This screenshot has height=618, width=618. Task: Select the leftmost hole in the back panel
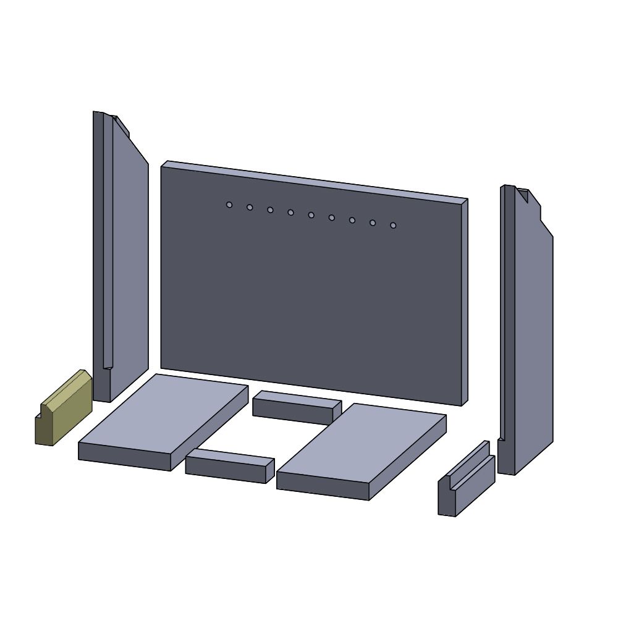(229, 205)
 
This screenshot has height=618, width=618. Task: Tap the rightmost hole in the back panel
(393, 225)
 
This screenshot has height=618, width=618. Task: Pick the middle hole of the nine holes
(311, 215)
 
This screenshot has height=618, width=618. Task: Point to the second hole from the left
(250, 207)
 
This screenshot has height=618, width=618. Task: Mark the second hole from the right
(373, 222)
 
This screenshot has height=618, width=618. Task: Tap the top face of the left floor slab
(164, 414)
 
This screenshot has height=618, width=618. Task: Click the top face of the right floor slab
(362, 445)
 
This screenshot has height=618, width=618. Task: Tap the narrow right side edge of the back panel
(464, 303)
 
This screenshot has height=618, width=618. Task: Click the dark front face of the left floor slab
(124, 457)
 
